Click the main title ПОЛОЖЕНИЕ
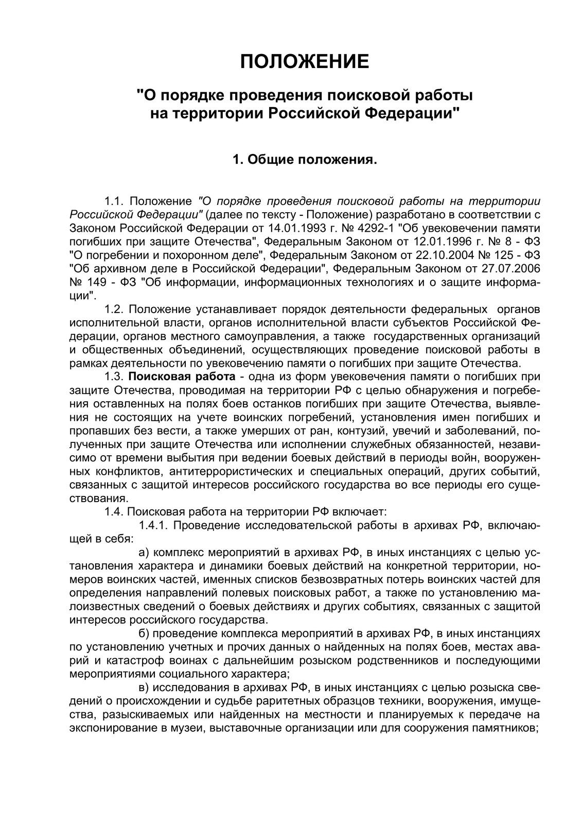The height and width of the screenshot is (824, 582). pyautogui.click(x=305, y=62)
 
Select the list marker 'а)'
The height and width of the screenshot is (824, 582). pyautogui.click(x=144, y=553)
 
